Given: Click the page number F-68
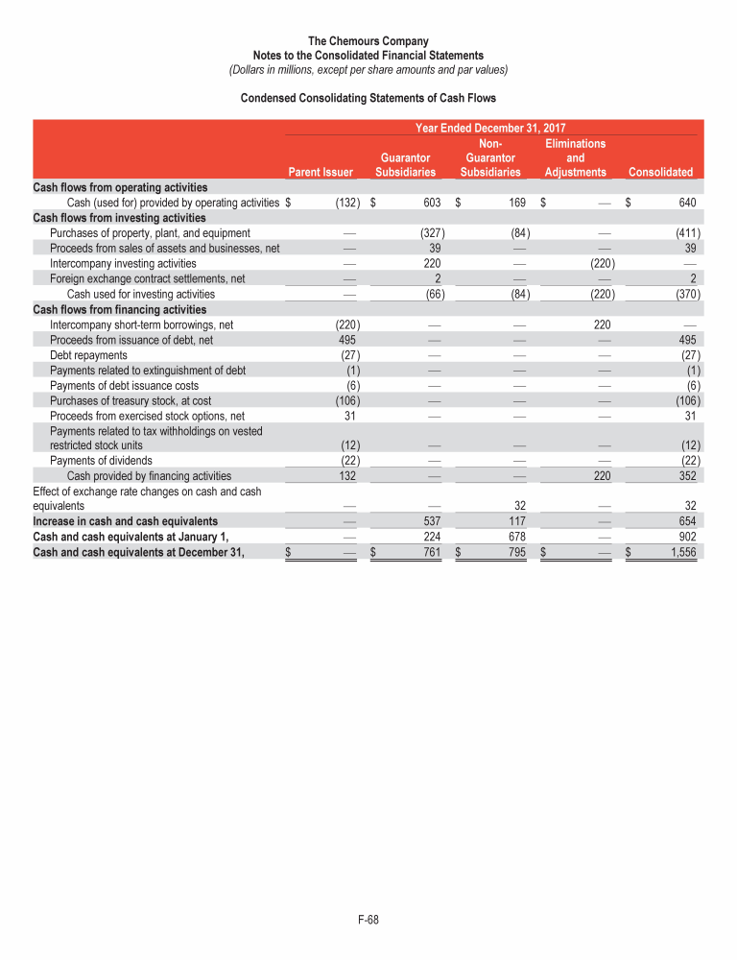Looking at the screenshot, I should click(x=368, y=921).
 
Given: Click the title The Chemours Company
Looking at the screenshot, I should click(x=368, y=41).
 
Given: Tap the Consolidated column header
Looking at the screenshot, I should click(x=659, y=172).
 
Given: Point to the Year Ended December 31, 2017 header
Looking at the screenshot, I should click(x=489, y=128).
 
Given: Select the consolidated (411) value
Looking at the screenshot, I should click(x=685, y=232).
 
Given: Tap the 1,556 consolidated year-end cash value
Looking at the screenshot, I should click(x=682, y=551).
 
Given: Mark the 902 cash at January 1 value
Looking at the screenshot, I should click(x=687, y=537).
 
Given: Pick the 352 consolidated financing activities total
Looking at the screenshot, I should click(x=687, y=475).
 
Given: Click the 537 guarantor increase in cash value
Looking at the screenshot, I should click(x=430, y=521).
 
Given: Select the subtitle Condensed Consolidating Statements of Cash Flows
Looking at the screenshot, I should click(x=368, y=98).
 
